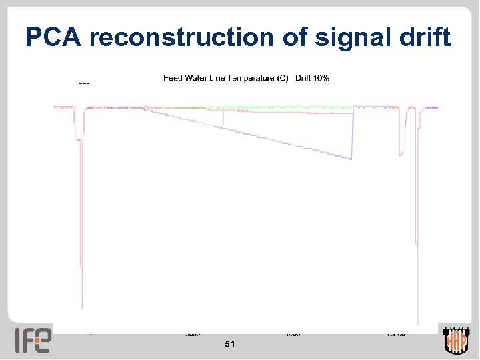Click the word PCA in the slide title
coord(53,38)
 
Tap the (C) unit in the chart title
coord(283,78)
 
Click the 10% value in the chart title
coord(321,78)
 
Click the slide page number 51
coord(230,344)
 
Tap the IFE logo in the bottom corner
coord(33,340)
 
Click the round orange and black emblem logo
coord(457,341)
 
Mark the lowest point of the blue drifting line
coord(351,159)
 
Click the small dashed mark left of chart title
coord(84,83)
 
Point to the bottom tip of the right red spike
coord(417,323)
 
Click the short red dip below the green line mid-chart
coord(223,119)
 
